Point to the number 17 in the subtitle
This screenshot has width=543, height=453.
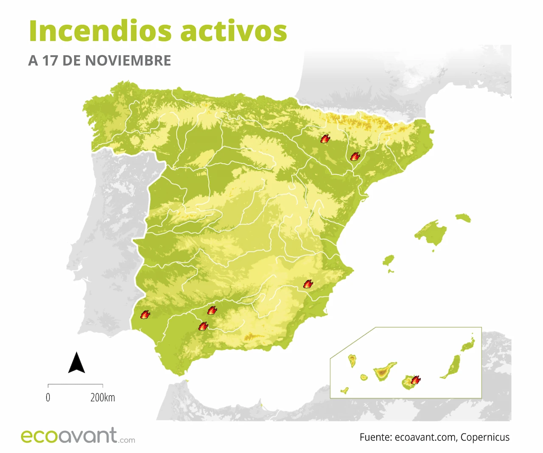point(50,61)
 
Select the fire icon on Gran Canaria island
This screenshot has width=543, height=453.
point(416,380)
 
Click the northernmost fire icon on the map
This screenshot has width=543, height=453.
point(325,138)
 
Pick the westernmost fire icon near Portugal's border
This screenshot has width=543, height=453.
point(145,315)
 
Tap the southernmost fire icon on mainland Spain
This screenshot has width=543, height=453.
point(203,326)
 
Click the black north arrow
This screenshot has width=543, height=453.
point(76,363)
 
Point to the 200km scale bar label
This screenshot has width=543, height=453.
point(103,397)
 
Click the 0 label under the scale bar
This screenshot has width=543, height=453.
point(48,397)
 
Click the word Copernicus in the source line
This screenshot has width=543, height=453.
point(485,437)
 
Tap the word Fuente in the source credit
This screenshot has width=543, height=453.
point(375,437)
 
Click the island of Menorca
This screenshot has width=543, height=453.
point(463,218)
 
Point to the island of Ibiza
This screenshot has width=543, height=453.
point(388,260)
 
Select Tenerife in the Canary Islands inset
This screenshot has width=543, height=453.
point(384,372)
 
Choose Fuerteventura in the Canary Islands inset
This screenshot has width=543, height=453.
point(452,366)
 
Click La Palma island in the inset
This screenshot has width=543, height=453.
point(352,360)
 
